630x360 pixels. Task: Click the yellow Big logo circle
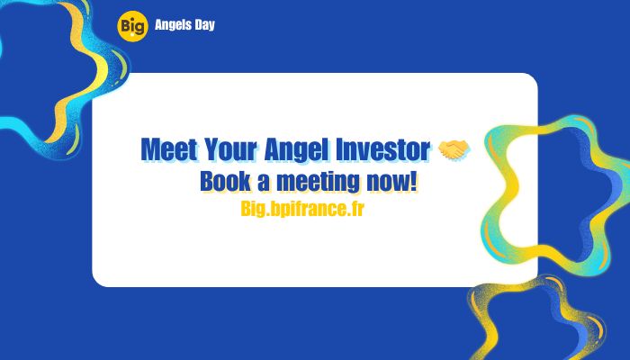pos(130,25)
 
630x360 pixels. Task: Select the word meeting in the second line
pos(318,181)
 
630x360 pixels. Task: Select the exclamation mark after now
pos(414,181)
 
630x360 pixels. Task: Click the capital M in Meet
pos(150,149)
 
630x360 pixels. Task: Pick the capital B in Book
pos(207,181)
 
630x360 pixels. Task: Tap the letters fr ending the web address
pos(355,209)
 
